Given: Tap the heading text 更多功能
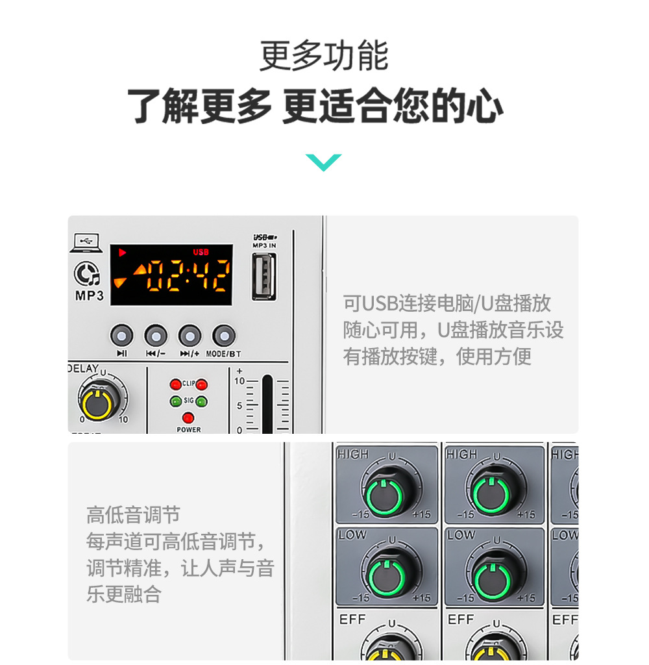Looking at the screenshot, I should coord(324,56).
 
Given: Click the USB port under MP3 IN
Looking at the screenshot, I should coord(263,276).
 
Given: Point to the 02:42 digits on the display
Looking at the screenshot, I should coord(186,275).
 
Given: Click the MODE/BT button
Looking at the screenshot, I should coord(224,336).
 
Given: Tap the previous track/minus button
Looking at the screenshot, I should coord(156,336).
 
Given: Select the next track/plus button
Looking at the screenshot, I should coord(190,336).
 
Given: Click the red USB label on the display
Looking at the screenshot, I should coord(201,252).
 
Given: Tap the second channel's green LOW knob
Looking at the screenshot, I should coord(495,575).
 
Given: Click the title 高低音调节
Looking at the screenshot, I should coord(133,516).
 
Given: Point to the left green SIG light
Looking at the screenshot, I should coord(175,401).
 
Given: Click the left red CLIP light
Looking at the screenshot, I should coord(175,384).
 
